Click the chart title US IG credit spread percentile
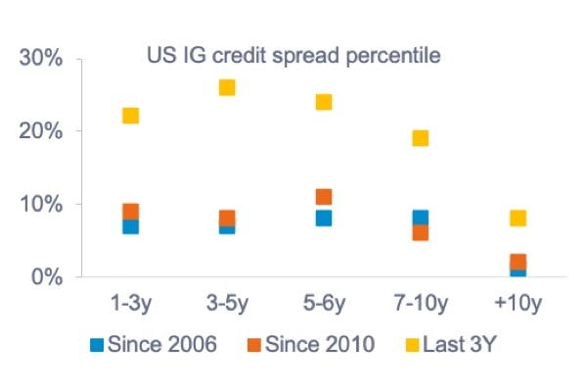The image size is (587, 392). pyautogui.click(x=293, y=55)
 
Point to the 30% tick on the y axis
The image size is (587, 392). pyautogui.click(x=41, y=58)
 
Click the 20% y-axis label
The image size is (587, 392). pyautogui.click(x=41, y=131)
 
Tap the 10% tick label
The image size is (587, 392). pyautogui.click(x=41, y=204)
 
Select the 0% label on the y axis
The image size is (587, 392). pyautogui.click(x=47, y=277)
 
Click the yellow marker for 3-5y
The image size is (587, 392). pyautogui.click(x=227, y=87)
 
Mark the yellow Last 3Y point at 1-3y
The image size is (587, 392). pyautogui.click(x=130, y=116)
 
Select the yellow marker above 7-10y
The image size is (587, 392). pyautogui.click(x=421, y=138)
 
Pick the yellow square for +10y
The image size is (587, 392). pyautogui.click(x=518, y=218)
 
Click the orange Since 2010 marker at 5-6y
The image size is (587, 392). pyautogui.click(x=324, y=197)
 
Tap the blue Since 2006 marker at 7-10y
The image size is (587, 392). pyautogui.click(x=421, y=217)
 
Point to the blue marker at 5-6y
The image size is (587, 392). pyautogui.click(x=324, y=219)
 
